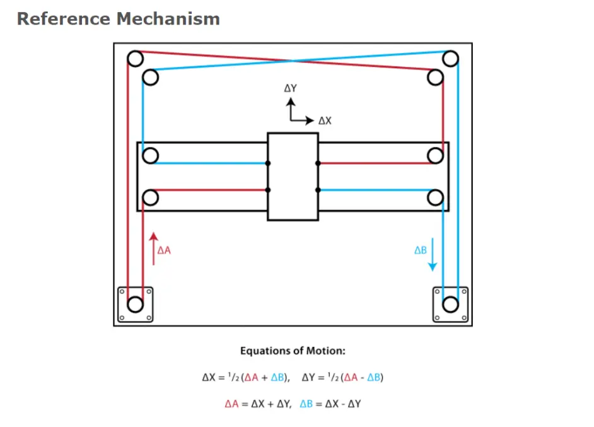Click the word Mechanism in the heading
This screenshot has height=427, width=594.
pyautogui.click(x=168, y=19)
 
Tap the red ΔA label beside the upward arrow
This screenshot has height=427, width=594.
pyautogui.click(x=164, y=250)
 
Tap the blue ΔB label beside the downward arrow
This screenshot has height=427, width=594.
pyautogui.click(x=420, y=250)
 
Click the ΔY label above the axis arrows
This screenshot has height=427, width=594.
pyautogui.click(x=290, y=89)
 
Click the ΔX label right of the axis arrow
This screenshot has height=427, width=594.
pyautogui.click(x=324, y=120)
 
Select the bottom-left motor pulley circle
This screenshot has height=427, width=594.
pyautogui.click(x=135, y=304)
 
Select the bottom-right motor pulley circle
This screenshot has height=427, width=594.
pyautogui.click(x=450, y=304)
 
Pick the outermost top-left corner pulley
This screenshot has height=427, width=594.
pyautogui.click(x=135, y=59)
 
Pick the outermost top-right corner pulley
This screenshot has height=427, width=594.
pyautogui.click(x=450, y=59)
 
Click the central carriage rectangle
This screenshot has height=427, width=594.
pyautogui.click(x=293, y=177)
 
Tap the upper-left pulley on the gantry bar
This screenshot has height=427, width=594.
pyautogui.click(x=150, y=155)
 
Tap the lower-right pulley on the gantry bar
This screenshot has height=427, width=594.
pyautogui.click(x=435, y=198)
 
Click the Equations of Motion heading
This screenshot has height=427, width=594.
pyautogui.click(x=293, y=351)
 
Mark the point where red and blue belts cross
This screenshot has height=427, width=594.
pyautogui.click(x=293, y=61)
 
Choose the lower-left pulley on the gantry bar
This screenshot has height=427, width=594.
pyautogui.click(x=150, y=198)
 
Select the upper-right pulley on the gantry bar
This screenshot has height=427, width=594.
pyautogui.click(x=435, y=155)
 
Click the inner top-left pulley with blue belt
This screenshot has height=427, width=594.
pyautogui.click(x=150, y=78)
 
